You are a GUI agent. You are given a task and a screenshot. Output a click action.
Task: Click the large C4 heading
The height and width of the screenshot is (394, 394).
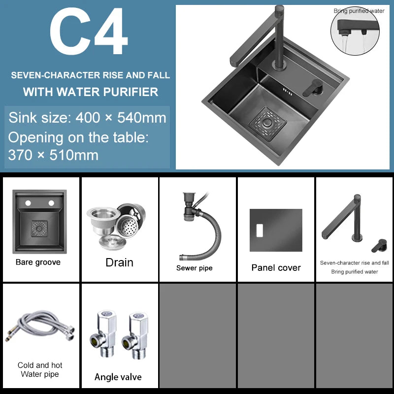click(89, 31)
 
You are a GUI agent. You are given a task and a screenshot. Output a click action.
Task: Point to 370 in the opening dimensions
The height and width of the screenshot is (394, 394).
click(20, 155)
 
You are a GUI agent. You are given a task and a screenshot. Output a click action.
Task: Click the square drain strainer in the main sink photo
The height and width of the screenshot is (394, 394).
click(267, 124)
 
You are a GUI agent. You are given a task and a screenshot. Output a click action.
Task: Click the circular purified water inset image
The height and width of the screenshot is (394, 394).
click(355, 31)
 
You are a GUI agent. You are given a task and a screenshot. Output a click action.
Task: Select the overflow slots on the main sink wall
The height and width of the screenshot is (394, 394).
click(288, 92)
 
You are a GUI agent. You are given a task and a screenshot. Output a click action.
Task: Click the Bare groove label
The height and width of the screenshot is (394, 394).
click(38, 262)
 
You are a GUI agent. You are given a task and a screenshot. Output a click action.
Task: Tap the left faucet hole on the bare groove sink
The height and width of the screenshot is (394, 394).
click(28, 203)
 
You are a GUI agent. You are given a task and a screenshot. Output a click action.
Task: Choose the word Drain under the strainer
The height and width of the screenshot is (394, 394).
click(119, 263)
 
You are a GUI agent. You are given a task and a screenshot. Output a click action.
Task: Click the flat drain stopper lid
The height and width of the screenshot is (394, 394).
click(112, 242)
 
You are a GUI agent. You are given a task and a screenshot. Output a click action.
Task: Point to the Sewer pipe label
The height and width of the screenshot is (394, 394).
click(194, 268)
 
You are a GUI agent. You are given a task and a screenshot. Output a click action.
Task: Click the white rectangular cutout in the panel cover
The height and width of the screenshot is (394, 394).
click(260, 230)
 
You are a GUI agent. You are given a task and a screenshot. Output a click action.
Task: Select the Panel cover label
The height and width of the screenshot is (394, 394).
click(276, 267)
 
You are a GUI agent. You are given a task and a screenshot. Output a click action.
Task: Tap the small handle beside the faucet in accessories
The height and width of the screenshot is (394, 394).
click(379, 245)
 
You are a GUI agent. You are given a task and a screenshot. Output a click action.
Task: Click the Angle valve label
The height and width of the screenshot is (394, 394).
click(118, 377)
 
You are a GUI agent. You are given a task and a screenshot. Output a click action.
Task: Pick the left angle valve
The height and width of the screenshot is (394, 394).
click(104, 334)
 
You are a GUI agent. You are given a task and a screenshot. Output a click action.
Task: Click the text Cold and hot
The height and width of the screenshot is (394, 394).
click(40, 365)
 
